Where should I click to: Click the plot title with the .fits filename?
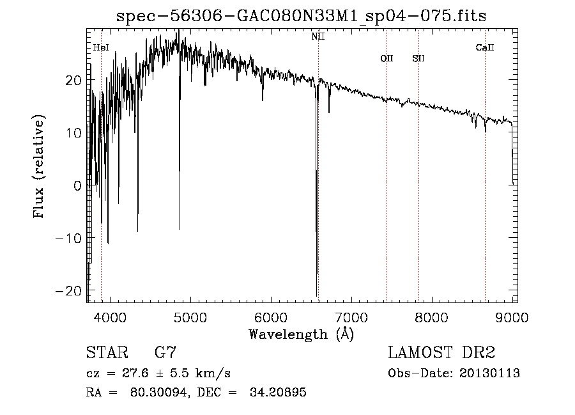[x=301, y=16]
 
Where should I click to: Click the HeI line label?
[x=101, y=47]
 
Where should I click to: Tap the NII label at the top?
[x=318, y=36]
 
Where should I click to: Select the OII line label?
[x=387, y=59]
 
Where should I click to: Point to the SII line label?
[x=418, y=59]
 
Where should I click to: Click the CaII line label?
[x=485, y=47]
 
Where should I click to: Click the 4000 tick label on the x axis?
[x=110, y=317]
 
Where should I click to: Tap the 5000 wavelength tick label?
[x=190, y=317]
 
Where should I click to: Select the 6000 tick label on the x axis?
[x=271, y=317]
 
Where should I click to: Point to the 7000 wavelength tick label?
[x=351, y=317]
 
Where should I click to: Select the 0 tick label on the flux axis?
[x=77, y=186]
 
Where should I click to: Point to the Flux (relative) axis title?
[x=40, y=168]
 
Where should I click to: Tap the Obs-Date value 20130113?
[x=489, y=373]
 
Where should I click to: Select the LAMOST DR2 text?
[x=441, y=353]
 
